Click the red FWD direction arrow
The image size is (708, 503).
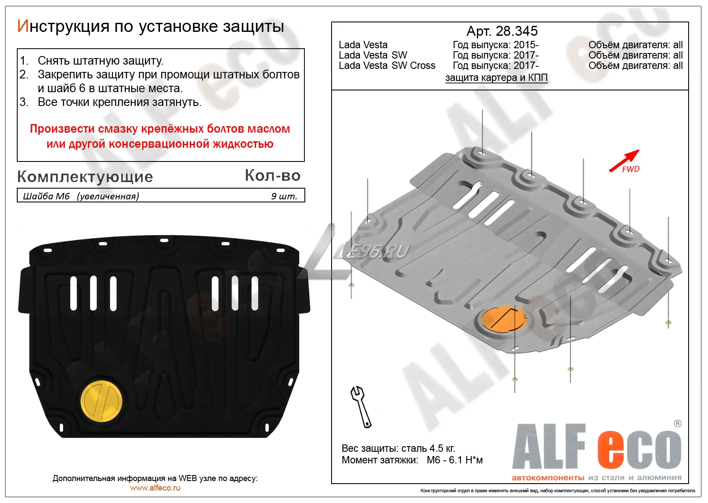click(624, 161)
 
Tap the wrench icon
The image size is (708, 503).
click(360, 407)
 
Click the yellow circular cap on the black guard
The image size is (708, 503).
click(101, 401)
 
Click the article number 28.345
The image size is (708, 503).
click(517, 31)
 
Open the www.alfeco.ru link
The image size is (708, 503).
click(155, 488)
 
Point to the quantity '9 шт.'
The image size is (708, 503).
click(284, 196)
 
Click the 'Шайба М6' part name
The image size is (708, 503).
click(46, 196)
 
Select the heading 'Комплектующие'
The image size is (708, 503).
click(85, 177)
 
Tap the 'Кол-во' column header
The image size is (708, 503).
click(273, 175)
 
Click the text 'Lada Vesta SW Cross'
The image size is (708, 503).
click(387, 65)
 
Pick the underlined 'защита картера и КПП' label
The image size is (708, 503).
click(496, 78)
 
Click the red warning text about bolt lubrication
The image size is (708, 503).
click(160, 136)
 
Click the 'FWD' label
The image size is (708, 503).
click(631, 169)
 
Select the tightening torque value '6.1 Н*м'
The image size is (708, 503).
click(466, 460)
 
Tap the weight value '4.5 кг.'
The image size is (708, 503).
click(442, 448)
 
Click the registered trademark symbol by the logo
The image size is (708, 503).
click(677, 423)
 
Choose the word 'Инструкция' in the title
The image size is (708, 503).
click(63, 26)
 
